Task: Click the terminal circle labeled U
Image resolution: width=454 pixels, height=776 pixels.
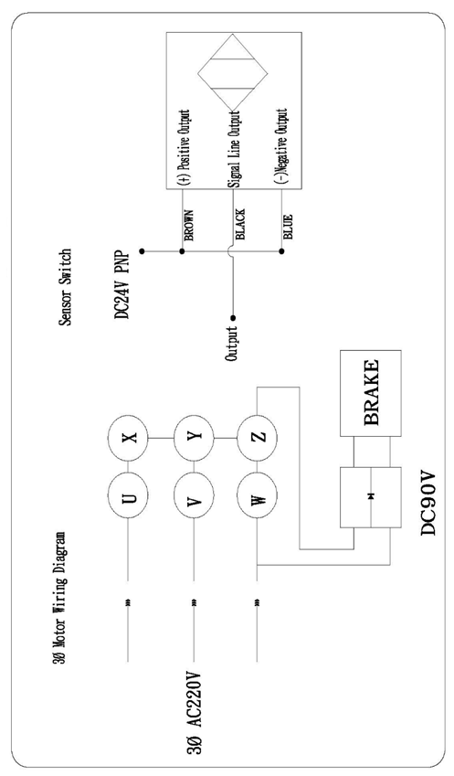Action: [129, 496]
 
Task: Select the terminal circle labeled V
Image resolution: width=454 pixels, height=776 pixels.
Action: [194, 496]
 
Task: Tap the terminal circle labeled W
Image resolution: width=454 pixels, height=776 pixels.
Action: [258, 496]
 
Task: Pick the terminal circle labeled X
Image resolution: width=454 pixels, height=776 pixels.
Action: [129, 438]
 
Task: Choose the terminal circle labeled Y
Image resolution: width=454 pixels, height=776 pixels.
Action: [194, 438]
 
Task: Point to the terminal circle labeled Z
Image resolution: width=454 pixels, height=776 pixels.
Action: [258, 438]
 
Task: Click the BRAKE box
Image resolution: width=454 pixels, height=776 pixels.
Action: [371, 393]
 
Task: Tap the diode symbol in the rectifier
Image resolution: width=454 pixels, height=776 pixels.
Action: [371, 496]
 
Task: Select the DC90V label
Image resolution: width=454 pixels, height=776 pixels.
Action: [428, 502]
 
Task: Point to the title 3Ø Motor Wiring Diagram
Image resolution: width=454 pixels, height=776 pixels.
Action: [58, 599]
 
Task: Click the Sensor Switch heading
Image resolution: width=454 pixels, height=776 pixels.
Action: [65, 287]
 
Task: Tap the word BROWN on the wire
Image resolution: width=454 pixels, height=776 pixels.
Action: [188, 226]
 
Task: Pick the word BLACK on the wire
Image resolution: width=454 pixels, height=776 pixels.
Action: [240, 224]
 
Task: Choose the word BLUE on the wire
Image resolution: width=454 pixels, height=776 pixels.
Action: [288, 227]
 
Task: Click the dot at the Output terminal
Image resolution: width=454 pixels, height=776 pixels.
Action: [234, 318]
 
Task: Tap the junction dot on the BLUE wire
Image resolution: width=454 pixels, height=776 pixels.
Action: [281, 251]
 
